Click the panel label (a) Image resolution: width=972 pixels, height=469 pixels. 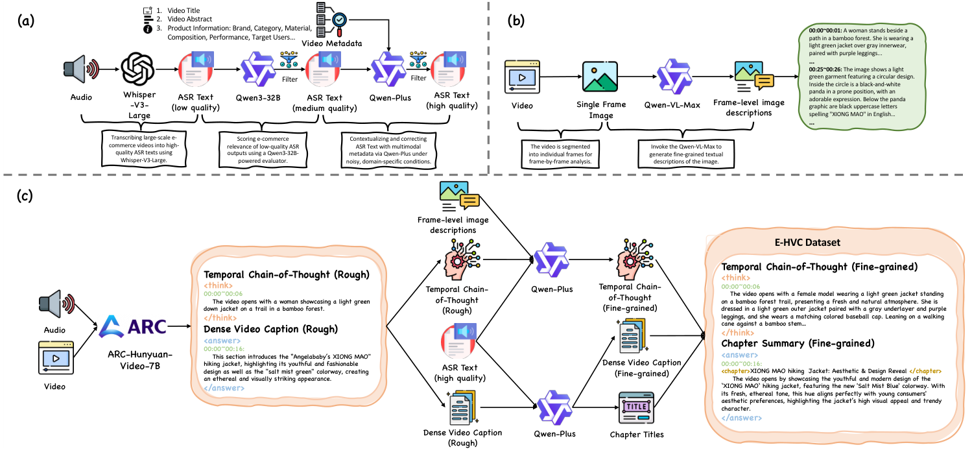point(27,18)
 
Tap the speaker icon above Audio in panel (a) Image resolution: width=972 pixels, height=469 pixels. point(80,69)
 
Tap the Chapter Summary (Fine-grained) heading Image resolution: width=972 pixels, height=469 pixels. point(798,343)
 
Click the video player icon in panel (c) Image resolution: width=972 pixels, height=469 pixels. point(56,359)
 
